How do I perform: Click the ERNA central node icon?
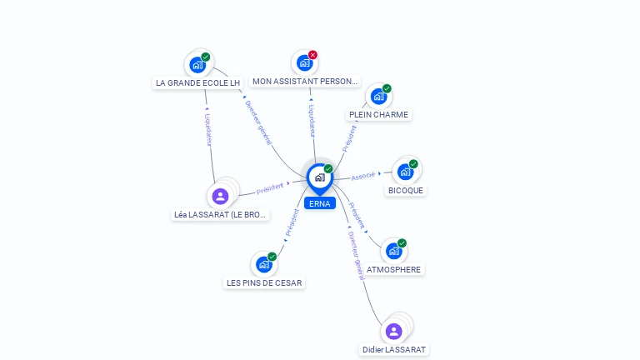coord(319,177)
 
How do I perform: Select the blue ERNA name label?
coord(319,203)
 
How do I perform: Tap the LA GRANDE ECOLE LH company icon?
coord(197,64)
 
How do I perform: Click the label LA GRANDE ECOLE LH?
coord(197,82)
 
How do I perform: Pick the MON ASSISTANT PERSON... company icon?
coord(304,62)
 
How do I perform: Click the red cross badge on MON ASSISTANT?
coord(312,55)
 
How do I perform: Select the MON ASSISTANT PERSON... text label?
coord(306,82)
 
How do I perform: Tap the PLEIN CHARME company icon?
coord(378,96)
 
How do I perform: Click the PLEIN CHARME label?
coord(379,114)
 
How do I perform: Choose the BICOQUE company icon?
coord(405,171)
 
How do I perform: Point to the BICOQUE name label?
coord(406,190)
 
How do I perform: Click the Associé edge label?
coord(362,176)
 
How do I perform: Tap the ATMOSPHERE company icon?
coord(393,251)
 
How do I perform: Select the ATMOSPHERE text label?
coord(394,269)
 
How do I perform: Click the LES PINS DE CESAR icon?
coord(264,264)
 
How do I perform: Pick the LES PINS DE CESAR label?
coord(264,282)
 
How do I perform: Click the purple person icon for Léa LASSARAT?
coord(220,196)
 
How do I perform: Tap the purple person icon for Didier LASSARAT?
coord(393,331)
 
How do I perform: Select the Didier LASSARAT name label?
coord(394,349)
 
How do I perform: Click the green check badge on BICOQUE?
coord(413,163)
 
